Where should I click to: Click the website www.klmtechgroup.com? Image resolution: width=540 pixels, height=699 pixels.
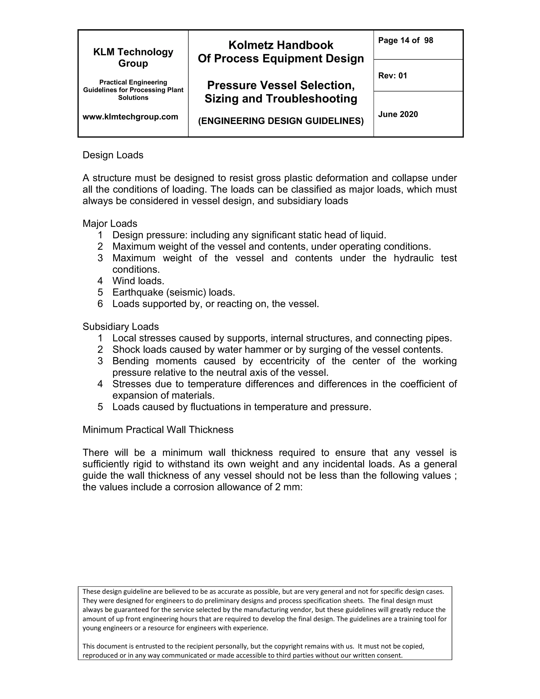coord(130,117)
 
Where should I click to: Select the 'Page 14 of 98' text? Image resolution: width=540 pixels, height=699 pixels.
coord(405,40)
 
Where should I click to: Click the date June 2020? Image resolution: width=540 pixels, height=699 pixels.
coord(398,114)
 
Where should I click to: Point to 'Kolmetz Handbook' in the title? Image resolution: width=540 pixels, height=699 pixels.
coord(281,45)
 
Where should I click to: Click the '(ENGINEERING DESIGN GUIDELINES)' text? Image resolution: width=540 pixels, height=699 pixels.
coord(281,121)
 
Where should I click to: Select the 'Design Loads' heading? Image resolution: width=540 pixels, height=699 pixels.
coord(113,155)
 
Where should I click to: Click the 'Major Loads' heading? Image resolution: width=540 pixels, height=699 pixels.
coord(110,223)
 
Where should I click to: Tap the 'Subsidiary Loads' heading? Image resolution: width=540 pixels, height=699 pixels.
coord(120,327)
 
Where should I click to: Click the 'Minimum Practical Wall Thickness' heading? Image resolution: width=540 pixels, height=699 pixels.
coord(158,429)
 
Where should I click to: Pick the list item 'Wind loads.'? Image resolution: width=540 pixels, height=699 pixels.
coord(138,281)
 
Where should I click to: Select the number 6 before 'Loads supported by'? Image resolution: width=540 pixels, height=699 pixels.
coord(100,304)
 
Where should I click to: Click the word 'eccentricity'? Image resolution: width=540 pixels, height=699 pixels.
coord(285,361)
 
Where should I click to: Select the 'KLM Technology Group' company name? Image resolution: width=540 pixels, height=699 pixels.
coord(133,57)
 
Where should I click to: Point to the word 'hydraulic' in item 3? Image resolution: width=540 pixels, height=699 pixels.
coord(413,258)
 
